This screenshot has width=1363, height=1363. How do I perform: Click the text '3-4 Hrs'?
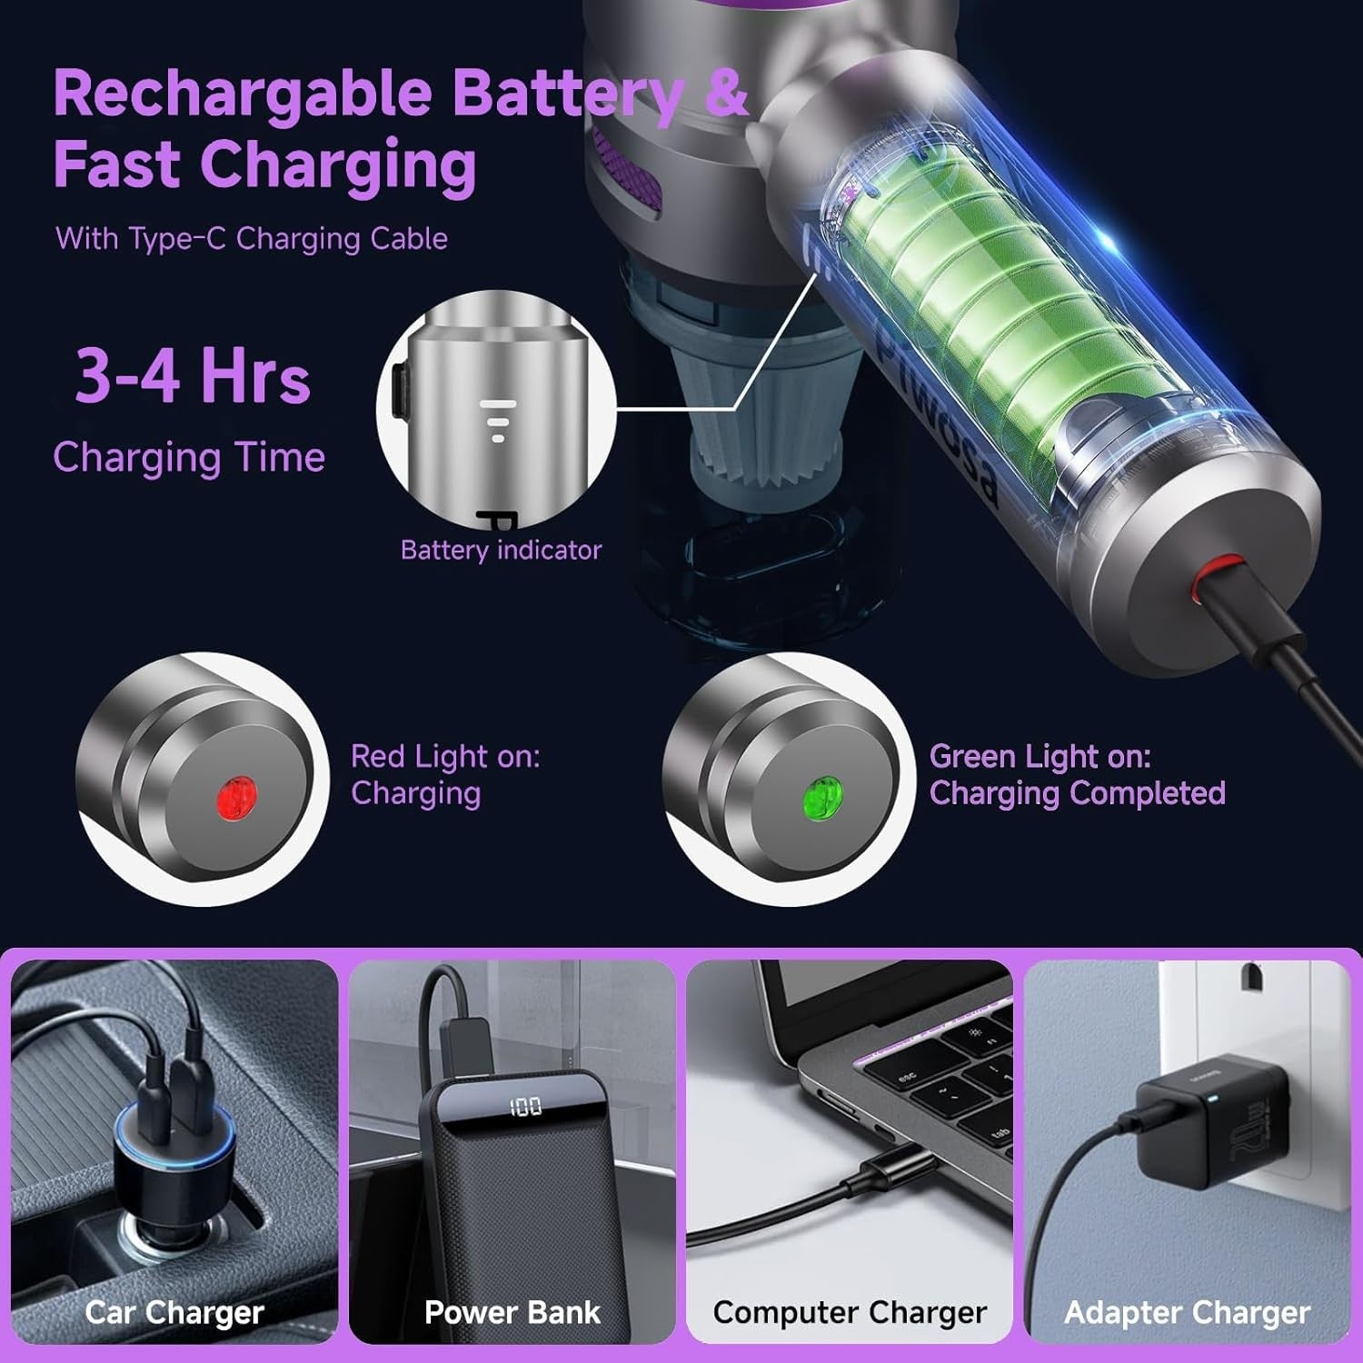coord(193,375)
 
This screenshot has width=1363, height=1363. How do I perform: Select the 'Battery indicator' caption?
coord(501,550)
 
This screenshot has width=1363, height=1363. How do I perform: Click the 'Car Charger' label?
coord(174,1312)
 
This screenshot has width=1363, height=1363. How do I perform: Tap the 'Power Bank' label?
coord(512,1312)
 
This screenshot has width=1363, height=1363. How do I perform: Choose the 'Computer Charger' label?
coord(850,1312)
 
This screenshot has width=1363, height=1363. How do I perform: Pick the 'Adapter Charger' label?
coord(1187,1312)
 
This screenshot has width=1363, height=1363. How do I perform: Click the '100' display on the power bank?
coord(525,1107)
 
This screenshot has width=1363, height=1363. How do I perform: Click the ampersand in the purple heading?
coord(726,93)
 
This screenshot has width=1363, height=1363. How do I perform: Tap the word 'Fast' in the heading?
coord(116,164)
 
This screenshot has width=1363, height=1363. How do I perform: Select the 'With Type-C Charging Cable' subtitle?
coord(252,238)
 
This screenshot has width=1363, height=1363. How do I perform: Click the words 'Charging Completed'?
coord(1077,793)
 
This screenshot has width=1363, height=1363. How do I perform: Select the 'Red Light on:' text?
coord(445,756)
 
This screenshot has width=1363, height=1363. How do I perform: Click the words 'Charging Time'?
coord(189,456)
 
